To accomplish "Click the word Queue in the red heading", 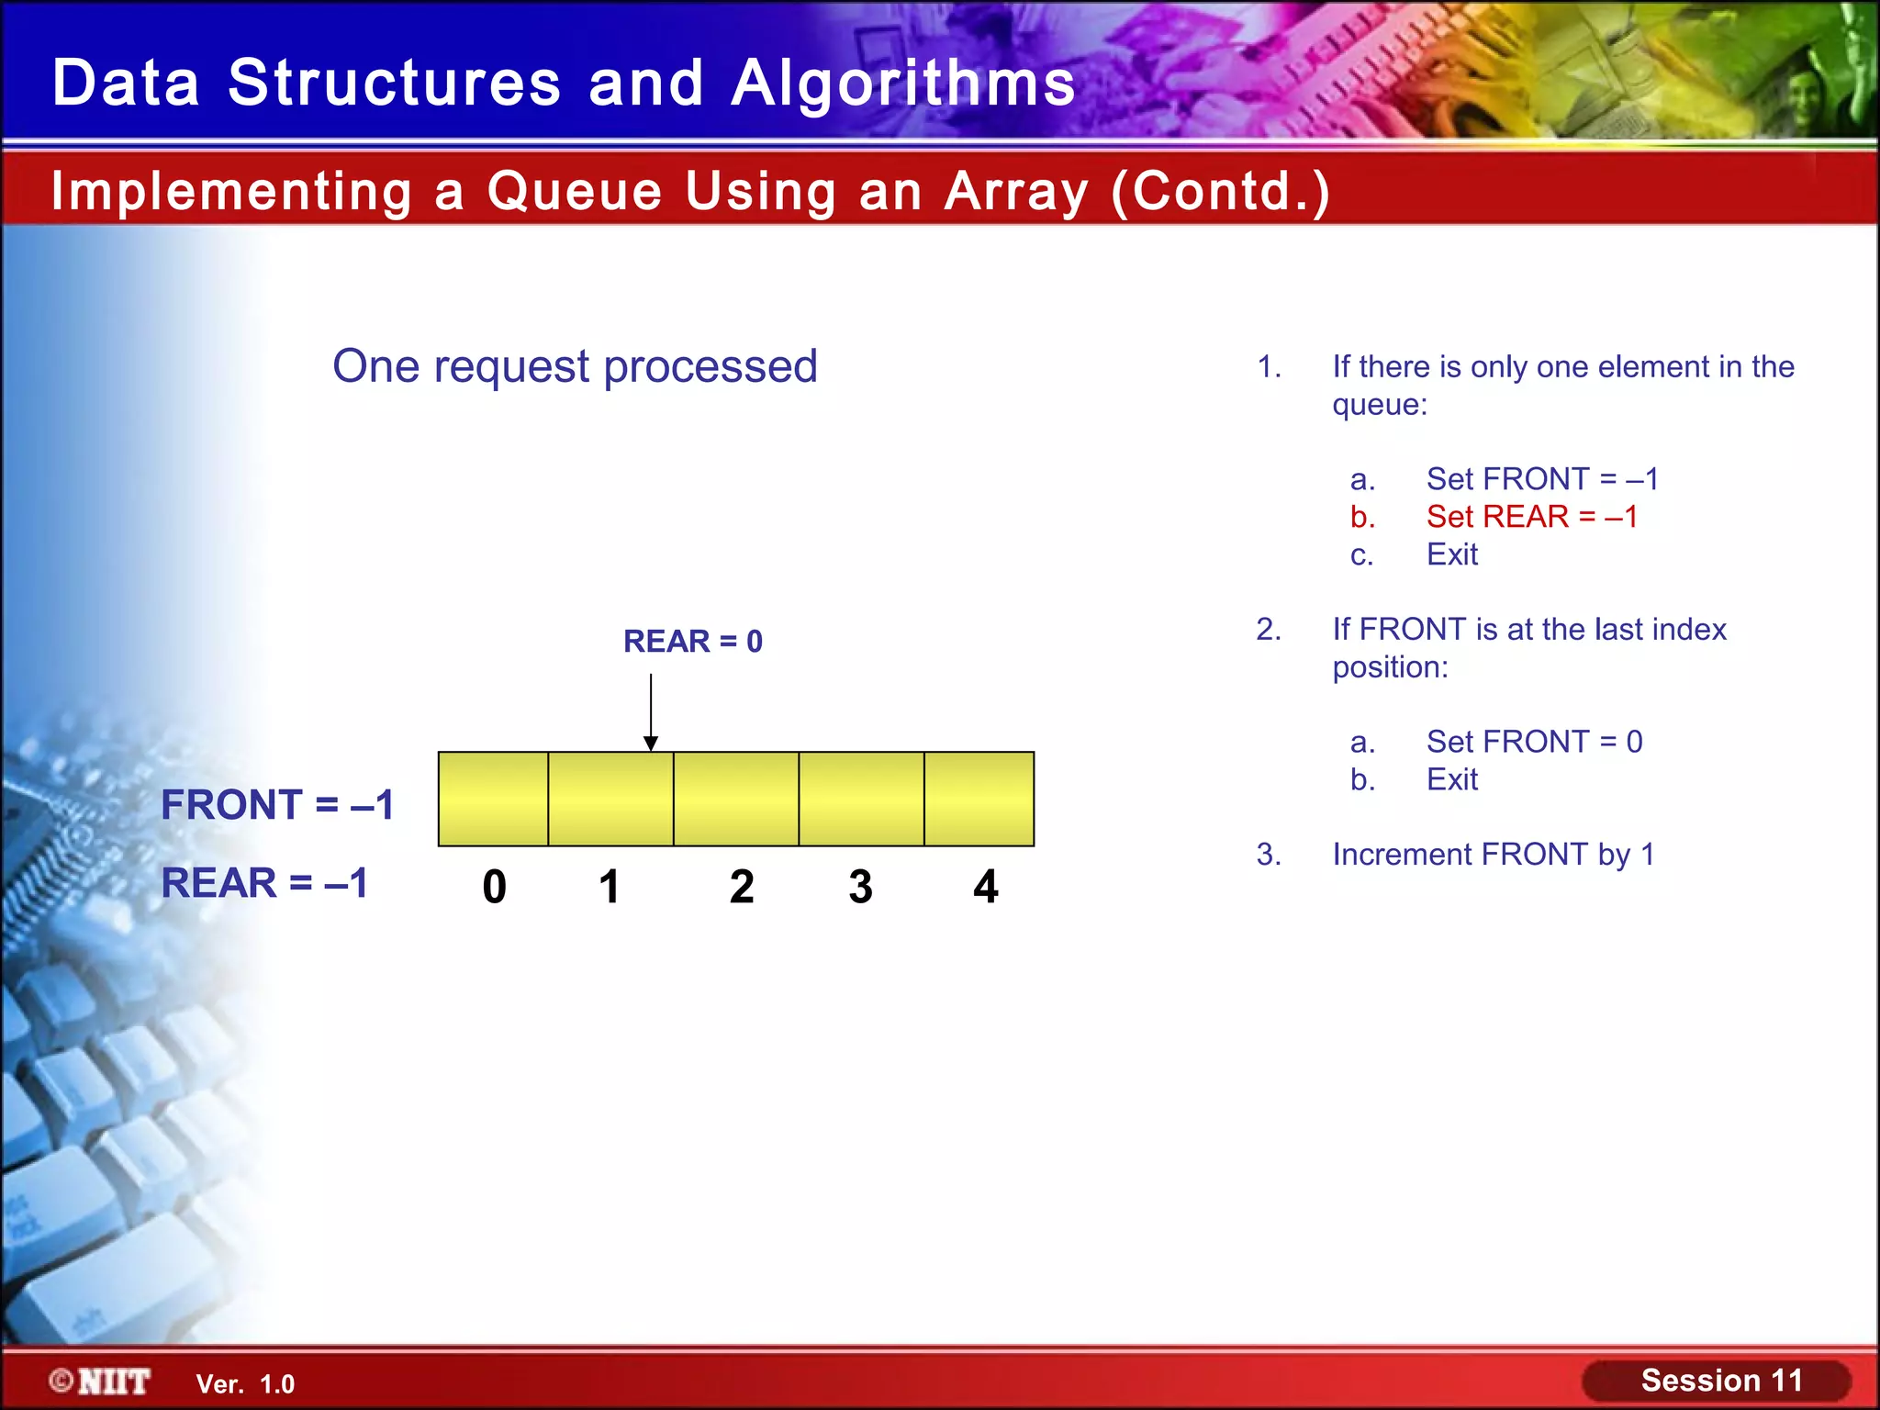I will pos(575,191).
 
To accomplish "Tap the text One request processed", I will pos(575,366).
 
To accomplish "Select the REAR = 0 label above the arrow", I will pos(692,641).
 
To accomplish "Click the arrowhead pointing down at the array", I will pos(651,743).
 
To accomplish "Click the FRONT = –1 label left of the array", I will pos(277,805).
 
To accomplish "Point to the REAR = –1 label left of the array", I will pos(264,883).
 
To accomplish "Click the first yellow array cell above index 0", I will pos(494,799).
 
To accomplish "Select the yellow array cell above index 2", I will pos(736,799).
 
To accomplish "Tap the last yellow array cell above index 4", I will pos(979,799).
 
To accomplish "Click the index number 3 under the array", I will pos(860,887).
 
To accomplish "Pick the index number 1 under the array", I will pos(609,887).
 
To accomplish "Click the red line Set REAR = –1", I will pos(1531,517).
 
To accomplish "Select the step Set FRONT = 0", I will pos(1534,742).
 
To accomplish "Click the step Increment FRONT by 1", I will pos(1493,855).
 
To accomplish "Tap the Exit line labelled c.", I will pos(1451,554).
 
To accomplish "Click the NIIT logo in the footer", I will pos(101,1382).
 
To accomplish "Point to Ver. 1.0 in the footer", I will pos(245,1384).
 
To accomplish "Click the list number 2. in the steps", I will pos(1269,630).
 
